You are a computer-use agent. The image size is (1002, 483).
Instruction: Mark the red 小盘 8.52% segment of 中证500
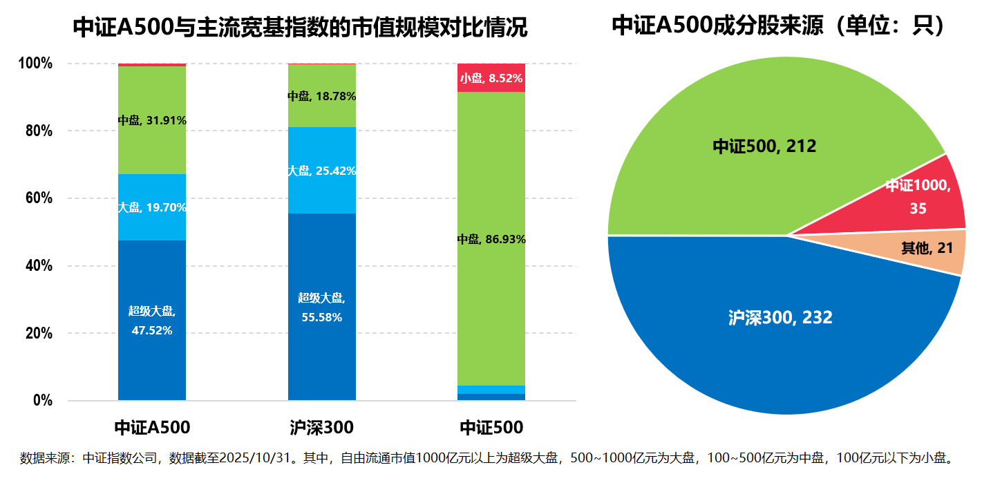point(491,77)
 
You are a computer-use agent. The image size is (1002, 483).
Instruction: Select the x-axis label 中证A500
point(152,427)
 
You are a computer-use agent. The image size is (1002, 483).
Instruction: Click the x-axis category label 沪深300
point(322,427)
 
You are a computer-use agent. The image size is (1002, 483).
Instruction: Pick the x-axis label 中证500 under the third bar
point(491,427)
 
